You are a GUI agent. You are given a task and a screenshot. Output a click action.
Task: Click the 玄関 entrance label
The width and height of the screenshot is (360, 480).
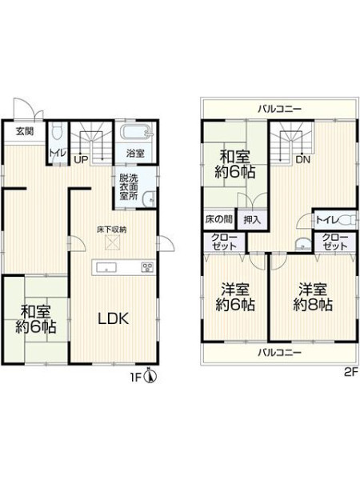coord(25,132)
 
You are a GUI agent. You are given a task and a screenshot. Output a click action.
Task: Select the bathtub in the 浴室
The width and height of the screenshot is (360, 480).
coord(135,133)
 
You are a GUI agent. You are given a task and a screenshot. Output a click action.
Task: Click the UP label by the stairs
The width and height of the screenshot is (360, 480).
coord(82,159)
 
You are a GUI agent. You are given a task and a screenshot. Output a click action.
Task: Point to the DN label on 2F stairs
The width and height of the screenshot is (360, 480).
coord(302,159)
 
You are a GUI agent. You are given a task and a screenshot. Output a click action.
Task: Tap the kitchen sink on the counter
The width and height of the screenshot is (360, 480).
coord(106,267)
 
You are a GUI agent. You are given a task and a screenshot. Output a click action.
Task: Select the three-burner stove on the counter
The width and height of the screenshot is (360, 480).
coord(147,267)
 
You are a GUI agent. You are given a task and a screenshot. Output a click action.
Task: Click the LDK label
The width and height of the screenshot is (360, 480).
coord(114,319)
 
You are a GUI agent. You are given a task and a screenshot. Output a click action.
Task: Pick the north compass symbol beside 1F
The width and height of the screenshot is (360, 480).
coord(150,376)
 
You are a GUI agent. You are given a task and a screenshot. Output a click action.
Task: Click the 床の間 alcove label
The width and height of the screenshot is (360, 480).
coord(218,219)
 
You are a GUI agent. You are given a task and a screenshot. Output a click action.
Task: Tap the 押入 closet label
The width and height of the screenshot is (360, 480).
coord(252,219)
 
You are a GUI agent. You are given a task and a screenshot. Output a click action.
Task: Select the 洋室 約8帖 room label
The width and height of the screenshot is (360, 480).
coord(313,297)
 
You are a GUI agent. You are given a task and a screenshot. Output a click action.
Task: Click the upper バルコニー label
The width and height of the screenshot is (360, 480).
coord(279,109)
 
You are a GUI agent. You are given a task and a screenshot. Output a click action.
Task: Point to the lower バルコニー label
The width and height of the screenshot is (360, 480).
coord(279,353)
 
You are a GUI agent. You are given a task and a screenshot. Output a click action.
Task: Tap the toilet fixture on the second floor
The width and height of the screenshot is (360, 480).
coord(348,220)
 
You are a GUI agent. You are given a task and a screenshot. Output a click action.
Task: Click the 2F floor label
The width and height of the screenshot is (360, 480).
coord(351,372)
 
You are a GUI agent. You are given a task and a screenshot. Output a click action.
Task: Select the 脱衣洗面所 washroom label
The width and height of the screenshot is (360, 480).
coord(129,187)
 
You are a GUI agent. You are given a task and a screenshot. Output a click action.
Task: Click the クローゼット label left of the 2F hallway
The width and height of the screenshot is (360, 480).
coord(224,242)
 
